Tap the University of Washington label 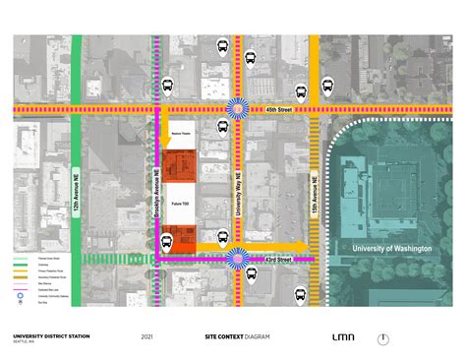392,249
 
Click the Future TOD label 180,202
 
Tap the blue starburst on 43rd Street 237,258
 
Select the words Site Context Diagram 239,336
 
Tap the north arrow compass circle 383,338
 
